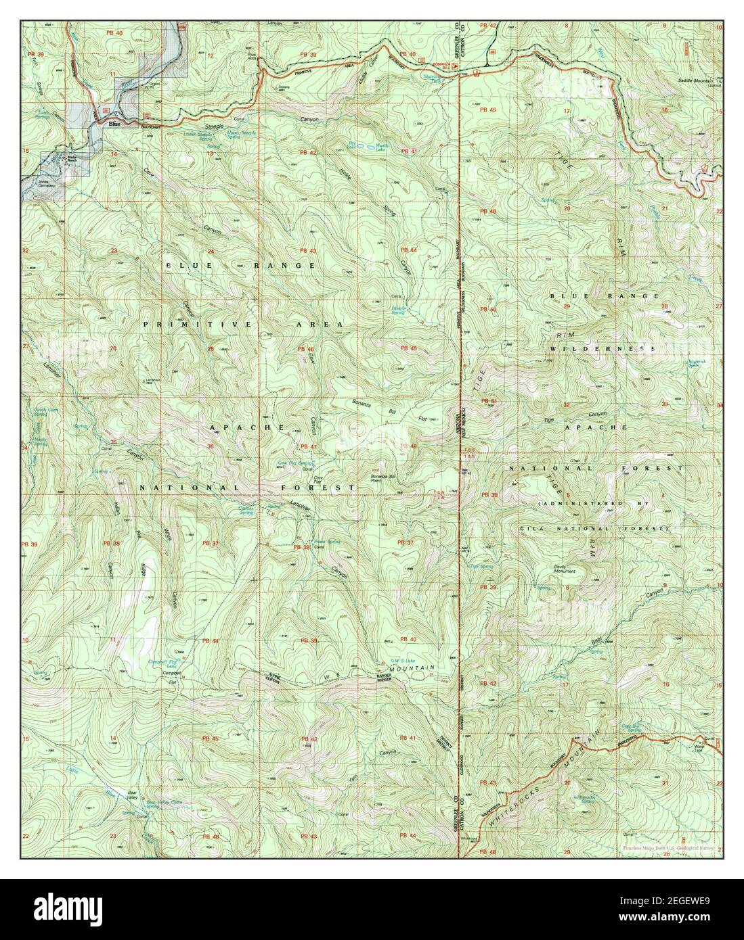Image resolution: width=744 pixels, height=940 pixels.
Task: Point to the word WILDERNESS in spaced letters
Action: pyautogui.click(x=603, y=348)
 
